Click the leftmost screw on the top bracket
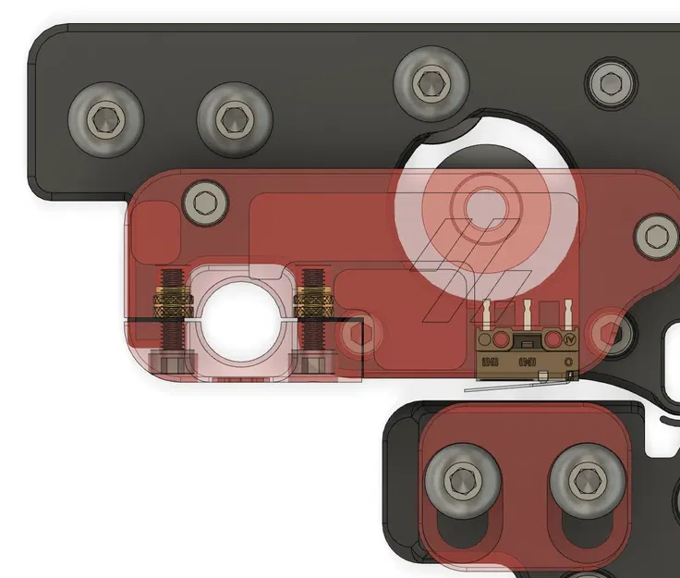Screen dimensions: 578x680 106,119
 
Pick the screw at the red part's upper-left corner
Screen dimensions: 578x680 205,201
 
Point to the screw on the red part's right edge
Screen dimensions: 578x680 657,238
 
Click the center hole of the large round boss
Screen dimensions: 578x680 482,203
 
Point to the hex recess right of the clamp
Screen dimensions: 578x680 359,337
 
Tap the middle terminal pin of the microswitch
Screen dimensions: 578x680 526,313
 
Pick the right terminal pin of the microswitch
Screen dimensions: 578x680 565,313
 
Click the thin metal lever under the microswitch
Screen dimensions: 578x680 517,385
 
